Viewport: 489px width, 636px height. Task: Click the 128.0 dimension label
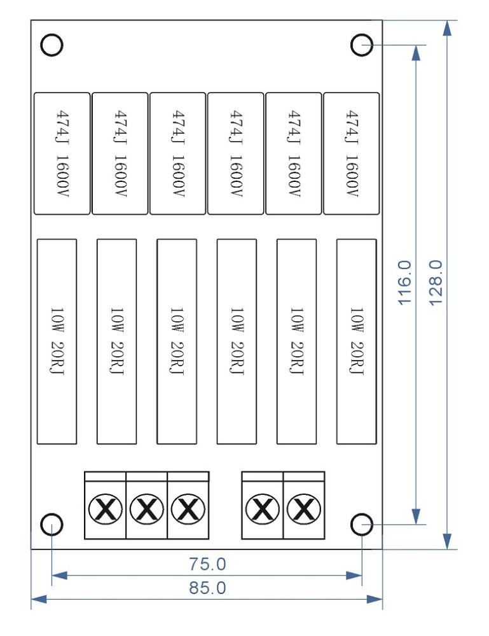point(436,282)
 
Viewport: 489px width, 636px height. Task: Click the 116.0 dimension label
point(405,282)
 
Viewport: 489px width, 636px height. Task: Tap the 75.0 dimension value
point(207,563)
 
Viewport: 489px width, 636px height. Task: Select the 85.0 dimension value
point(207,588)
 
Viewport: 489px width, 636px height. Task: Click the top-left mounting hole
point(52,45)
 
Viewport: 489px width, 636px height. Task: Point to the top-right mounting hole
point(362,45)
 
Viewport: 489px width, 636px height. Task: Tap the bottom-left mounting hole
point(52,525)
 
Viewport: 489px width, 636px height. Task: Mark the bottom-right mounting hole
point(362,525)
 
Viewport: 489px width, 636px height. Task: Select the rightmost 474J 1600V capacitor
point(352,153)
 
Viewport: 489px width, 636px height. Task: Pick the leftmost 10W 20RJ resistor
point(57,342)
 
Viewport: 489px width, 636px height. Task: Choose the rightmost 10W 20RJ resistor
point(356,342)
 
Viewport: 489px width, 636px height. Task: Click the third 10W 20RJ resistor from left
point(176,342)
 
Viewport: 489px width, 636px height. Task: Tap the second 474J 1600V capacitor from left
point(120,153)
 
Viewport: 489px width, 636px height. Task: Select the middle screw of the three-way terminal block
point(147,509)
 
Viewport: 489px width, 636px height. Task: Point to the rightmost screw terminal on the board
point(304,509)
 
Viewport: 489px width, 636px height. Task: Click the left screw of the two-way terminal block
point(262,509)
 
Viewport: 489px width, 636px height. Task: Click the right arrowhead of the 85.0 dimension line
point(376,599)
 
